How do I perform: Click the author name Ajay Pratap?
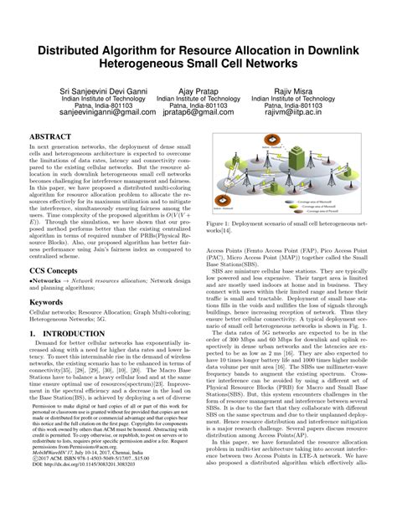click(198, 90)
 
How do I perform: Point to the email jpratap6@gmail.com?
click(198, 114)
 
